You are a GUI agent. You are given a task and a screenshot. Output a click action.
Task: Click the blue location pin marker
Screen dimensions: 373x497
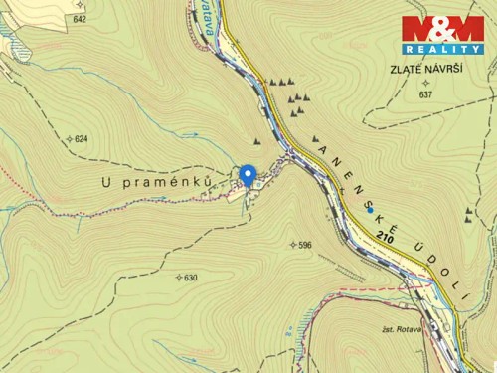248,173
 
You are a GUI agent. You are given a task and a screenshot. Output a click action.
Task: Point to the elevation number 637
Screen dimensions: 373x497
426,94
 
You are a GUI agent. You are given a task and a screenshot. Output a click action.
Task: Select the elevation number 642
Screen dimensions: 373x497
80,19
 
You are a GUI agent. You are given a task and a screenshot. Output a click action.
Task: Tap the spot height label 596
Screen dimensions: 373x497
304,244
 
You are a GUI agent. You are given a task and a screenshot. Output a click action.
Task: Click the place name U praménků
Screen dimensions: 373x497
157,182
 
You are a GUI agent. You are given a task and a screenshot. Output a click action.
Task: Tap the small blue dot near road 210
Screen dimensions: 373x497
371,210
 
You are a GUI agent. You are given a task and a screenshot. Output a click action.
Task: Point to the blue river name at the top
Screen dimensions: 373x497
208,17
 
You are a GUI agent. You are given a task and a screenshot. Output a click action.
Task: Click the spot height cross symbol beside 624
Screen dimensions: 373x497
69,139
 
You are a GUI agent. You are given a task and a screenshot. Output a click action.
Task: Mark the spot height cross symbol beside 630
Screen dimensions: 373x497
178,278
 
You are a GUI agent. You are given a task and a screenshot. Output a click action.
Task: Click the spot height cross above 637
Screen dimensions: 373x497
425,83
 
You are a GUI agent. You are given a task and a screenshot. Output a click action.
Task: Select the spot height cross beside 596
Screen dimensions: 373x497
291,244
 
